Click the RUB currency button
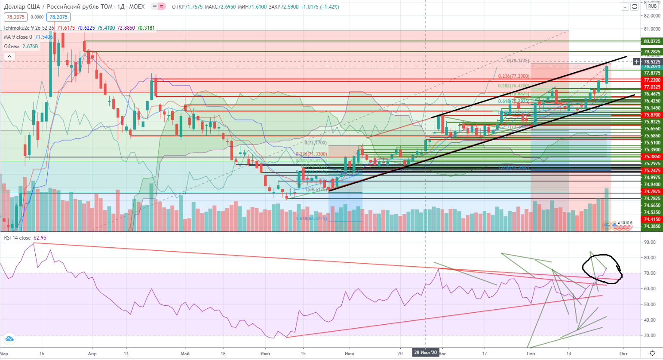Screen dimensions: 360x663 click(652, 6)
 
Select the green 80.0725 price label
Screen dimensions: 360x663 click(652, 41)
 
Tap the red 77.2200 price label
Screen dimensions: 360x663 click(652, 80)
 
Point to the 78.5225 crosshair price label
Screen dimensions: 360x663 click(652, 62)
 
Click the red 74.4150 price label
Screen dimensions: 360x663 click(652, 219)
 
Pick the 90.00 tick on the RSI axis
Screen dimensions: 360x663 click(650, 242)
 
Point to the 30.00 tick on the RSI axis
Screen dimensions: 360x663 click(650, 335)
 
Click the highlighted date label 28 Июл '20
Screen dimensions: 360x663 click(425, 353)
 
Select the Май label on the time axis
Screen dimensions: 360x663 click(185, 354)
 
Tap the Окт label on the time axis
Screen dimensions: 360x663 click(623, 354)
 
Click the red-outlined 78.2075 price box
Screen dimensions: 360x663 click(15, 17)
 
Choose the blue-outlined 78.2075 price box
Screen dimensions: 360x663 click(58, 17)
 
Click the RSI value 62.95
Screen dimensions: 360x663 click(40, 238)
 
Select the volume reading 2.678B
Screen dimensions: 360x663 click(30, 46)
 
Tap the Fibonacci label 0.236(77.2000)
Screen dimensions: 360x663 click(514, 76)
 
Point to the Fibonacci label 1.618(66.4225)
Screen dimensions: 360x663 click(311, 218)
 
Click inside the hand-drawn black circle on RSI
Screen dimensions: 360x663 click(602, 269)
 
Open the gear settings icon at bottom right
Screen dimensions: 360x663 click(652, 354)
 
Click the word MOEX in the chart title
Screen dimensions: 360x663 click(137, 6)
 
